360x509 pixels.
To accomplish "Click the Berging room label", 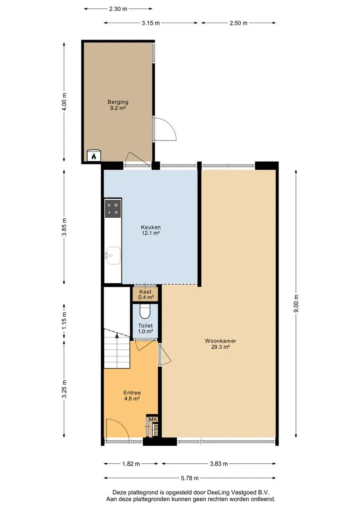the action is coord(118,105).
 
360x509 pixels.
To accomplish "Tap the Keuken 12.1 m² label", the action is coord(151,230).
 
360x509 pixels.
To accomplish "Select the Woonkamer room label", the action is coord(221,344).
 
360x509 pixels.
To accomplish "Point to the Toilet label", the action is coord(146,328).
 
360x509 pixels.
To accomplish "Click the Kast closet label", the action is coord(146,295).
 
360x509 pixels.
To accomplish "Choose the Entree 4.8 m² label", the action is coord(132,396).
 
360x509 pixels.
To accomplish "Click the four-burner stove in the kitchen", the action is coord(113,209).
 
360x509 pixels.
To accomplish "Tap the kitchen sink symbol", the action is coord(113,255).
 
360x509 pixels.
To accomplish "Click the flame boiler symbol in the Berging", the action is coord(94,156).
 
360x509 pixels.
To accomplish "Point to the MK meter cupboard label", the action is coord(153,420).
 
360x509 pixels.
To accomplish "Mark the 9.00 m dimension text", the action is coord(296,304).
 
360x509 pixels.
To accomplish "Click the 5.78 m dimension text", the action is coord(190,478).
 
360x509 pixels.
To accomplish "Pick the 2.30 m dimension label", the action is coord(118,9).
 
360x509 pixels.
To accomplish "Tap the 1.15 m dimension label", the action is coord(64,321).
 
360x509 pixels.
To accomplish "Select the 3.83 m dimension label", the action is coord(219,464).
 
